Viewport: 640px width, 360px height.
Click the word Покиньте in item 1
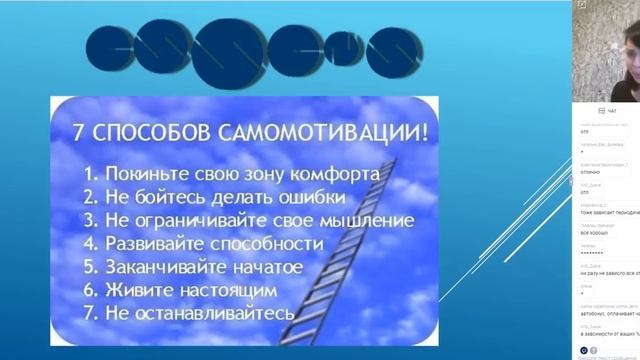click(x=146, y=171)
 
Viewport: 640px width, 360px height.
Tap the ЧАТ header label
click(x=607, y=110)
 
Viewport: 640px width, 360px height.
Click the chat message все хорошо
click(x=591, y=233)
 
